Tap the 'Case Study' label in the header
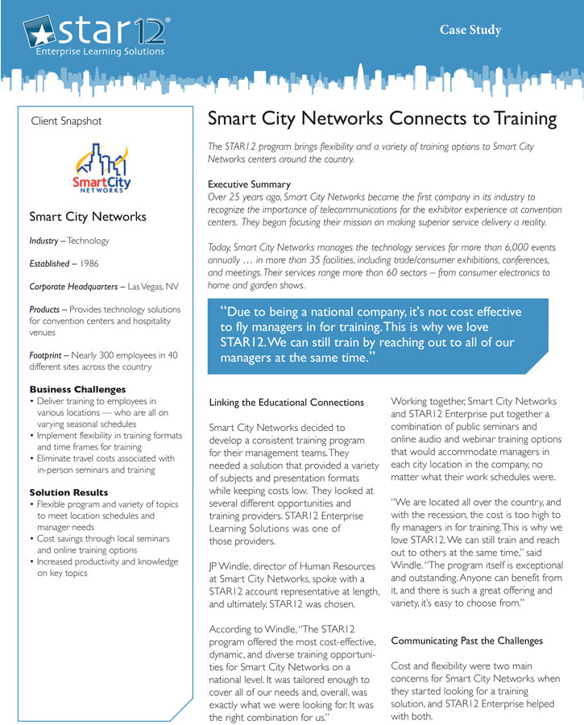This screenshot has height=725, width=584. [x=470, y=31]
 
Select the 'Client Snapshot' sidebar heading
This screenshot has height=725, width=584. [x=66, y=121]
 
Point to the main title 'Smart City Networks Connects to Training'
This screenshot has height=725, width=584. [x=382, y=119]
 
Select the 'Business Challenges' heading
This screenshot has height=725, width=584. [x=77, y=389]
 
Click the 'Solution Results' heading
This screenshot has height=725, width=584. [x=68, y=491]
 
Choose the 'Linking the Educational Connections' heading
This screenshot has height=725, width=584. [x=286, y=402]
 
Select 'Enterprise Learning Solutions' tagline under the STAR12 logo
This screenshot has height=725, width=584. [x=100, y=52]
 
